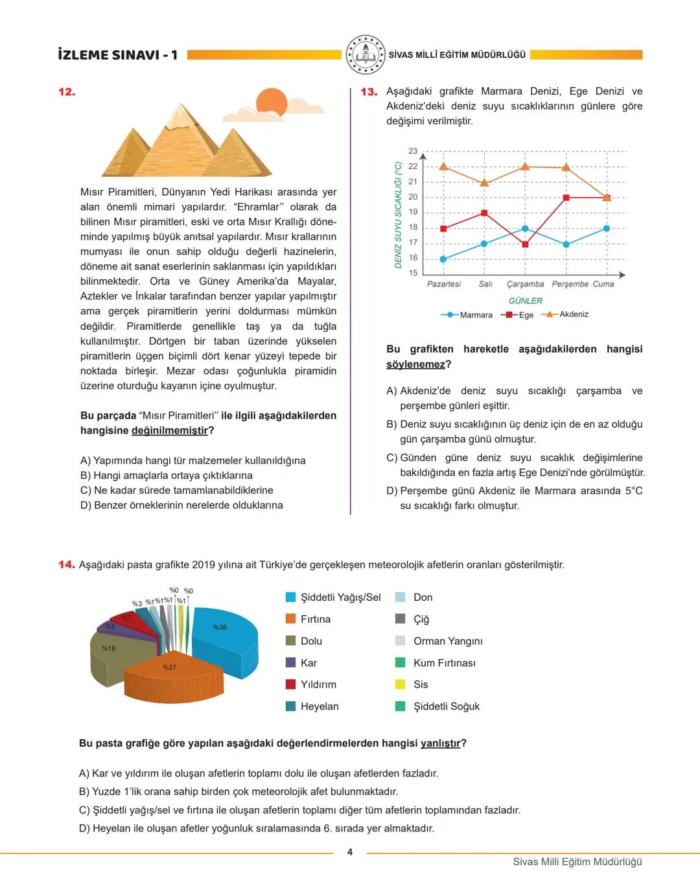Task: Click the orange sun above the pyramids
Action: pyautogui.click(x=272, y=104)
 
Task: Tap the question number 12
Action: pyautogui.click(x=67, y=92)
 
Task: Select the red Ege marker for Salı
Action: pyautogui.click(x=484, y=213)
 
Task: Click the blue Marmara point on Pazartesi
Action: pyautogui.click(x=443, y=259)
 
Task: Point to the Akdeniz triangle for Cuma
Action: pyautogui.click(x=607, y=197)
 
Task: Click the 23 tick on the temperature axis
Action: pyautogui.click(x=413, y=151)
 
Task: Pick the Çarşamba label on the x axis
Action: pyautogui.click(x=525, y=284)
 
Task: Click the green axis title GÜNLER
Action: pyautogui.click(x=525, y=301)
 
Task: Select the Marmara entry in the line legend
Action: pyautogui.click(x=467, y=315)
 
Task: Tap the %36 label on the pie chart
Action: pyautogui.click(x=220, y=627)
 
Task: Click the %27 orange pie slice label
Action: pyautogui.click(x=169, y=667)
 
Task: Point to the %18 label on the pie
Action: pyautogui.click(x=108, y=648)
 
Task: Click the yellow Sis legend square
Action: pyautogui.click(x=401, y=684)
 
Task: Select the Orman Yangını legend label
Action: pyautogui.click(x=448, y=641)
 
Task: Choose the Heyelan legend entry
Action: pyautogui.click(x=319, y=706)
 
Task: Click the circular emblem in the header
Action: pyautogui.click(x=365, y=55)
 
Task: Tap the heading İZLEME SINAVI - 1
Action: pyautogui.click(x=117, y=55)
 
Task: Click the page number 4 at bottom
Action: pyautogui.click(x=350, y=852)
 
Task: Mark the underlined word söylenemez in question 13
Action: pyautogui.click(x=415, y=364)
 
